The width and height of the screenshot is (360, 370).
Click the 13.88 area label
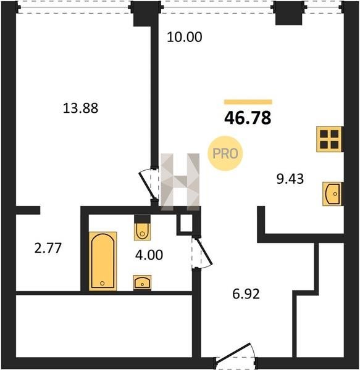tap(80, 109)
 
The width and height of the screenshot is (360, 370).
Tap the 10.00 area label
tap(185, 37)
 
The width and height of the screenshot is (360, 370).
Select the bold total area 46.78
tap(248, 118)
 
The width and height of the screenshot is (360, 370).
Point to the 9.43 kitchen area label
tap(290, 179)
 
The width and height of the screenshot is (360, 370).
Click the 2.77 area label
tap(48, 248)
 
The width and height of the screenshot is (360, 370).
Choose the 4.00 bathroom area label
tap(149, 255)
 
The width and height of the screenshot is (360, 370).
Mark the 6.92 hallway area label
tap(246, 294)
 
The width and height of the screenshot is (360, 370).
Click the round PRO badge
tap(225, 154)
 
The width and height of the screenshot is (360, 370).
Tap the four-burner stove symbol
tap(329, 139)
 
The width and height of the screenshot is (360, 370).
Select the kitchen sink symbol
tap(332, 194)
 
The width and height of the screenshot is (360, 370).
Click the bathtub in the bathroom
tap(103, 261)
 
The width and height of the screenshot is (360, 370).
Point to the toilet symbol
tap(142, 228)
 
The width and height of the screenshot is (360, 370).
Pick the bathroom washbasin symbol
tap(142, 282)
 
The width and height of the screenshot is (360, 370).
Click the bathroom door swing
tap(202, 252)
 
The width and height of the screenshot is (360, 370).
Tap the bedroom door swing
tap(149, 184)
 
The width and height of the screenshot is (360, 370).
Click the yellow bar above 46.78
tap(248, 102)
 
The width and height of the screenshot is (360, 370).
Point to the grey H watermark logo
tap(180, 182)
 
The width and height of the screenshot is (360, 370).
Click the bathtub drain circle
tap(103, 283)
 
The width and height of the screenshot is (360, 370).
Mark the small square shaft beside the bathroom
tap(186, 223)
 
